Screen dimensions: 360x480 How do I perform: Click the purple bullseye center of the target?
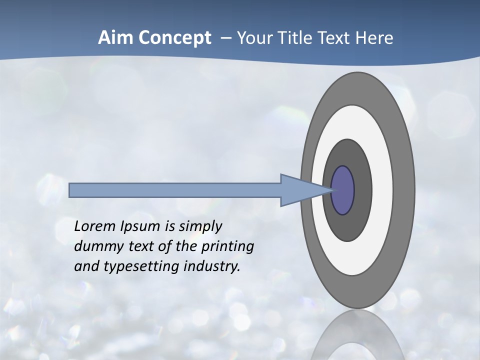click(x=343, y=190)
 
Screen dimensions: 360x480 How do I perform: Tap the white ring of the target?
click(x=382, y=190)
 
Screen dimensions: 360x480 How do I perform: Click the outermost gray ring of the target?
click(x=405, y=190)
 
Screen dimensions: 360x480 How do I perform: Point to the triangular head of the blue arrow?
click(x=300, y=190)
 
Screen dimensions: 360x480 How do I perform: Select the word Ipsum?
click(x=140, y=227)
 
